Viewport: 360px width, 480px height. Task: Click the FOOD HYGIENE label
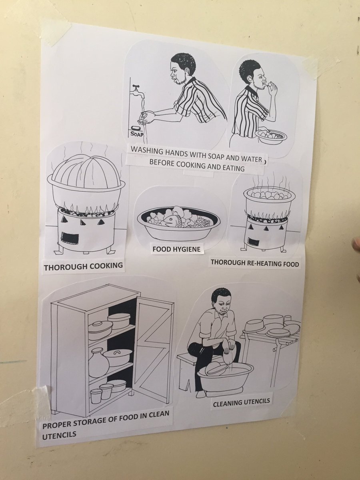point(177,249)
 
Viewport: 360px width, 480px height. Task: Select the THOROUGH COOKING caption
point(83,266)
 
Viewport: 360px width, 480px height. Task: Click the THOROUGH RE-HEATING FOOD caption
point(255,263)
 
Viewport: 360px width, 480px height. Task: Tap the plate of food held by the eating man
point(271,136)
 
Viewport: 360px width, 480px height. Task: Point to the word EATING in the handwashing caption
point(234,168)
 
